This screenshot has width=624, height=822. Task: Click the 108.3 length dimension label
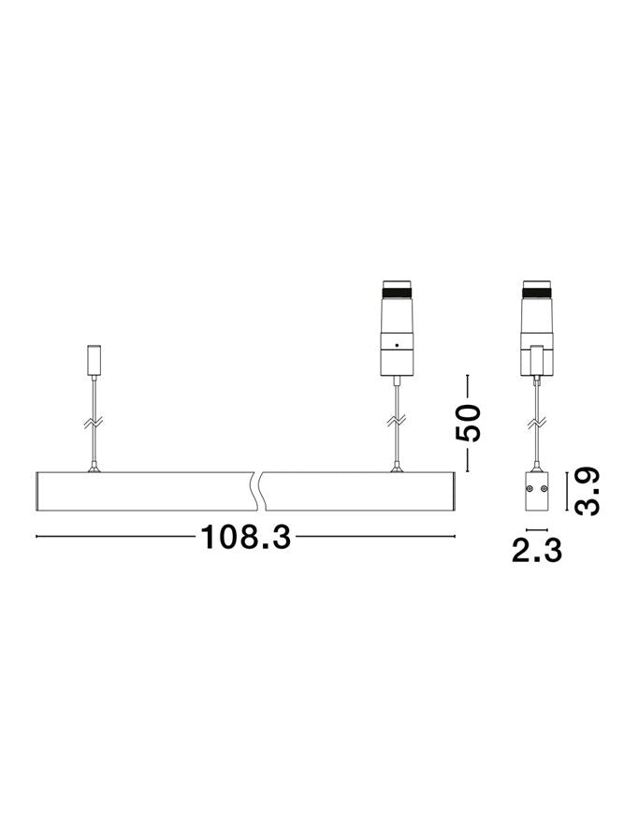coord(245,537)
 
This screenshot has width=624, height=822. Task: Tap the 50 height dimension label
coord(468,423)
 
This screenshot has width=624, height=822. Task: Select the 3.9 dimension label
coord(587,491)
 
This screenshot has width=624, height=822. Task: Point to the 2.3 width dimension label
coord(536,551)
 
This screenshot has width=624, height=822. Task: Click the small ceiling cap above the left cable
coord(94,360)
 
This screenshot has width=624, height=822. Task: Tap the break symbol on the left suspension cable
coord(94,422)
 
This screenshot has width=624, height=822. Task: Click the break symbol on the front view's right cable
coord(397,422)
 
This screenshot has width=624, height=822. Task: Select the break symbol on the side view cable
coord(536,422)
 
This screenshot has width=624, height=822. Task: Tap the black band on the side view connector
coord(536,289)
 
